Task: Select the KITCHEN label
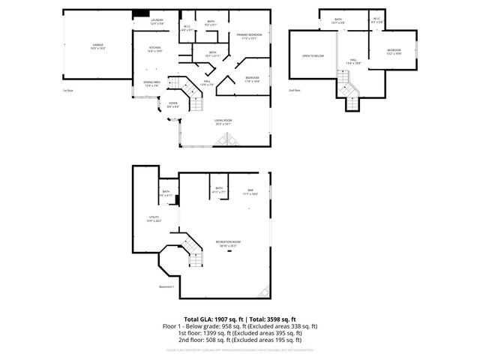tap(154, 49)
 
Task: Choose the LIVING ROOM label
tap(223, 121)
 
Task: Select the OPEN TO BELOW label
tap(312, 56)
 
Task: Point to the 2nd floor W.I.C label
tap(376, 20)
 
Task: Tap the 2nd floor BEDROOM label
tap(394, 51)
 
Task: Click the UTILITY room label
tap(154, 219)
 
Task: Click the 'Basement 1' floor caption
tap(166, 286)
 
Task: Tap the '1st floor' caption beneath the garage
tap(68, 90)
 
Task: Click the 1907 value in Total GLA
tap(213, 319)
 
